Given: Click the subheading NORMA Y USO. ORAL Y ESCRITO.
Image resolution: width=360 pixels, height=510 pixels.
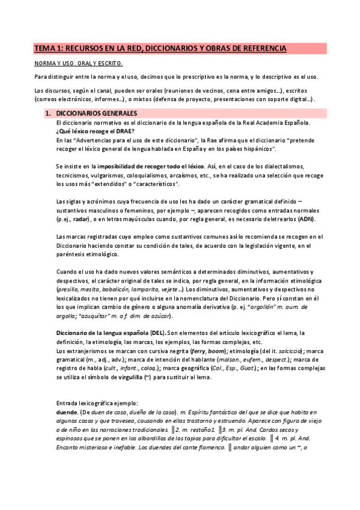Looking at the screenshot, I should [x=78, y=63].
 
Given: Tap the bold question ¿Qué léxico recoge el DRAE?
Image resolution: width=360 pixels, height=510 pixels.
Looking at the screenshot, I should [x=95, y=131].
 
